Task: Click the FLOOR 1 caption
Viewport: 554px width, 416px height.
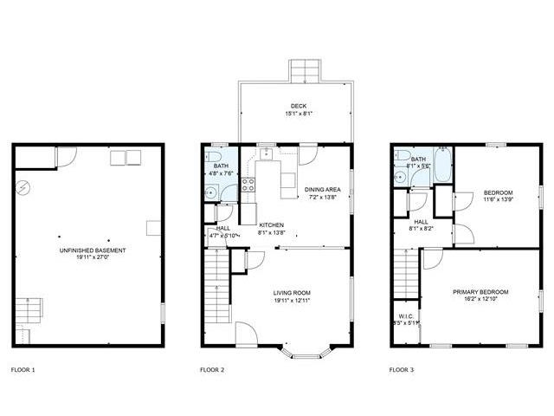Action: click(24, 370)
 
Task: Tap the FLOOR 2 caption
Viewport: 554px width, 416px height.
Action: click(213, 370)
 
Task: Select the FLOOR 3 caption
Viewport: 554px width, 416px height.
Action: click(402, 370)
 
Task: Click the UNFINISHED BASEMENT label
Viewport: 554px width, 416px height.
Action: click(88, 250)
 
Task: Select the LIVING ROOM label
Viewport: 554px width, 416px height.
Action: click(293, 292)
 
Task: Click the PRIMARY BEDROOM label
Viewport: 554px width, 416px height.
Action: click(480, 292)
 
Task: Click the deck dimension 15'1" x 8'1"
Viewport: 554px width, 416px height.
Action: click(299, 113)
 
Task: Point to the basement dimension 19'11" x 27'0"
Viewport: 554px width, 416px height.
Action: click(88, 258)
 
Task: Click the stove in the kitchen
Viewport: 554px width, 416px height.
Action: click(248, 184)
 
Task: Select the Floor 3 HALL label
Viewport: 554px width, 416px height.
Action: click(422, 221)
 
